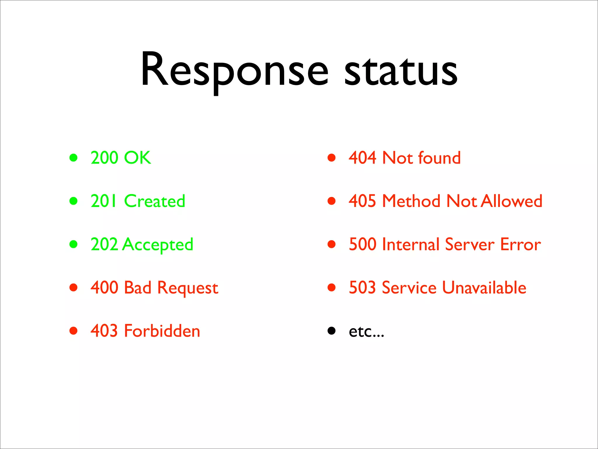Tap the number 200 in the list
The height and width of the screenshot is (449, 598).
[104, 158]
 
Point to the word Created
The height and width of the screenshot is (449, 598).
[154, 201]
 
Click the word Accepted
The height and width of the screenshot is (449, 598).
[158, 244]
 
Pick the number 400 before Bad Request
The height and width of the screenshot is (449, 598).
[104, 288]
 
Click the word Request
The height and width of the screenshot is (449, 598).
[188, 288]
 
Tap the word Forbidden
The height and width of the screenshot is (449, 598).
[162, 331]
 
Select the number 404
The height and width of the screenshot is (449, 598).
[362, 158]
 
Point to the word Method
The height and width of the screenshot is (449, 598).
[411, 201]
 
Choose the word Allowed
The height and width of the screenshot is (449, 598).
[512, 201]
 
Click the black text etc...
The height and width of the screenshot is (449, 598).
[366, 331]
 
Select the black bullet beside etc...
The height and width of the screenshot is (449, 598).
[331, 331]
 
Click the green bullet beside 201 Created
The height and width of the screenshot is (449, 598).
[74, 201]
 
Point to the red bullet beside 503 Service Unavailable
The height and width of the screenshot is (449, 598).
[331, 288]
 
